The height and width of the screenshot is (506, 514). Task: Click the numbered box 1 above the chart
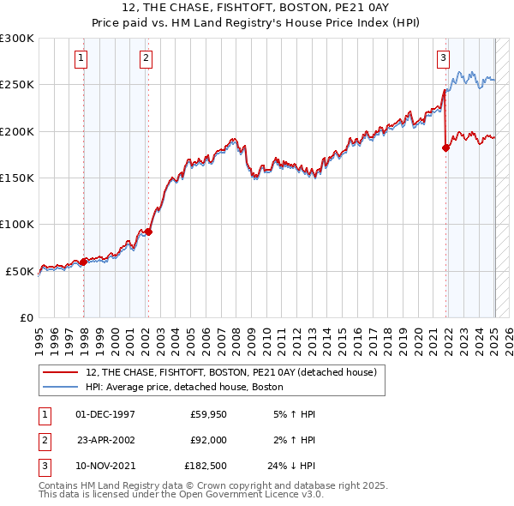coord(81,58)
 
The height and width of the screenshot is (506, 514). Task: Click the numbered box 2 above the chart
coord(146,58)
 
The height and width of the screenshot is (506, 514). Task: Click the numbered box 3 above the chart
coord(443,58)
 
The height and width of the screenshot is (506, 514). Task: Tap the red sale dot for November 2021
coord(445,148)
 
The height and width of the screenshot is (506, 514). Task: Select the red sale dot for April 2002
coord(149,232)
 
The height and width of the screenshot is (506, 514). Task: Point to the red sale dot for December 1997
coord(83,262)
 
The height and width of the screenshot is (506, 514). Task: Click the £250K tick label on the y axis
coord(17,85)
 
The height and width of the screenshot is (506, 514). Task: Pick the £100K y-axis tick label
coord(17,225)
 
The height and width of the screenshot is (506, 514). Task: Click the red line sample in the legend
coord(60,373)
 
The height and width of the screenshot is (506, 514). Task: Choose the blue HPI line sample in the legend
coord(60,388)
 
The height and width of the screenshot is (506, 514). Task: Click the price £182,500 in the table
coord(206,467)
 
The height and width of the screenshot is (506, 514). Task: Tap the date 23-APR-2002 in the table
coord(106,441)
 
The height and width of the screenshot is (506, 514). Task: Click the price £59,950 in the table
coord(208,414)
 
